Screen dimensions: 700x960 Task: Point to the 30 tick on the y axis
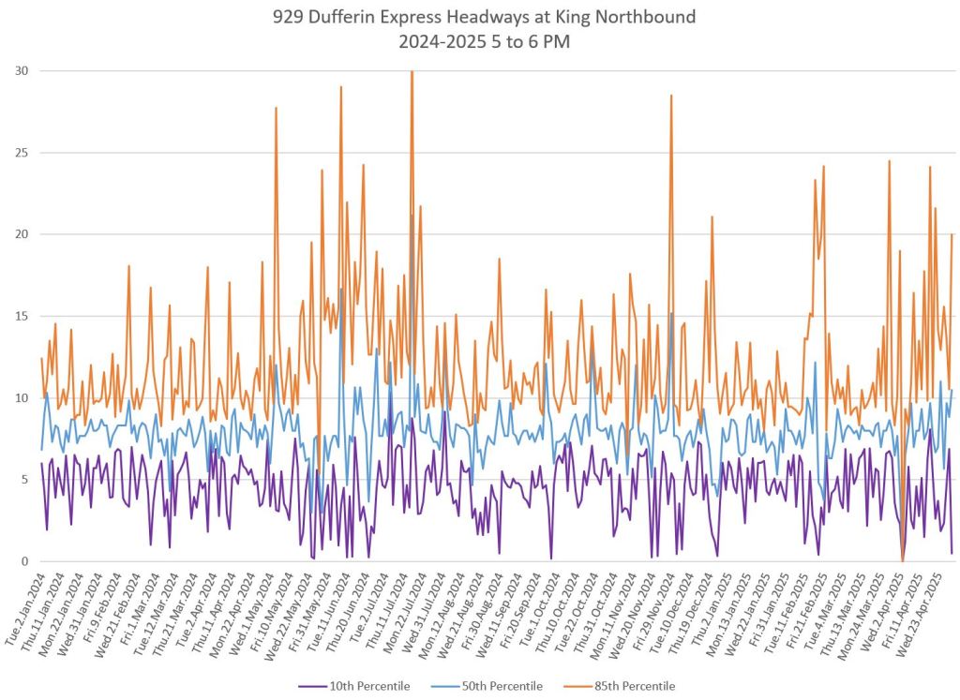tap(20, 71)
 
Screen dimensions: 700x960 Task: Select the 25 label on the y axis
tap(20, 153)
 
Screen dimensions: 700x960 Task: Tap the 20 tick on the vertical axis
tap(20, 234)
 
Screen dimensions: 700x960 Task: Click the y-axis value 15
tap(20, 316)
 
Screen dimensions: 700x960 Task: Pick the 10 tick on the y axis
tap(20, 398)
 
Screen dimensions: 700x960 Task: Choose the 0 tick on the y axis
tap(23, 561)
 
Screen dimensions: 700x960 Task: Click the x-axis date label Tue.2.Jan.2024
tap(26, 604)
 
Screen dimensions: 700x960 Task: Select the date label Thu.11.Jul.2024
tap(392, 604)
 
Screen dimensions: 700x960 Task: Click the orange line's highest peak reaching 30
tap(412, 72)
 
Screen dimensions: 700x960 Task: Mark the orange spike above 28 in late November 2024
tap(671, 96)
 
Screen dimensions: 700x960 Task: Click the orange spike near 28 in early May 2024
tap(276, 108)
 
